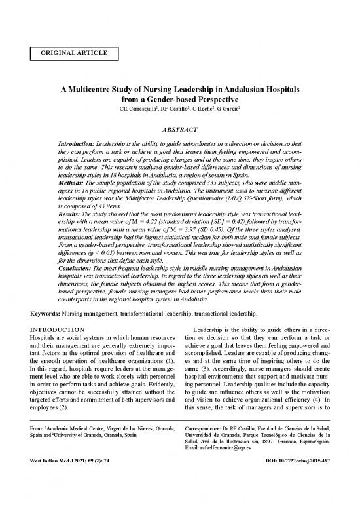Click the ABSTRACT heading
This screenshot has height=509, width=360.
pos(179,130)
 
